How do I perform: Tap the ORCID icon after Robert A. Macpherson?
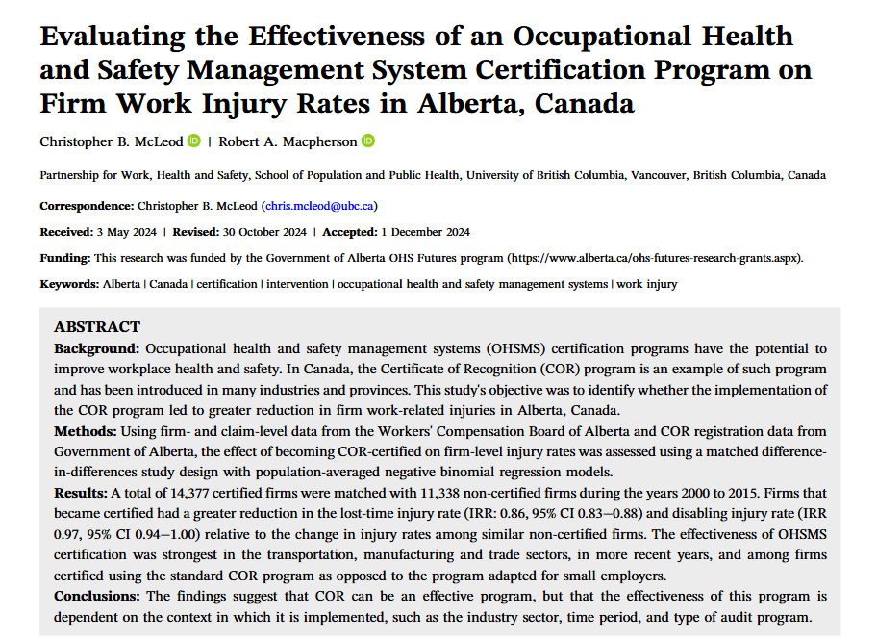point(368,141)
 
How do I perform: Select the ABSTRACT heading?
point(97,327)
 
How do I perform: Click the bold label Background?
point(97,347)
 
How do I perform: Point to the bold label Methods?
point(88,430)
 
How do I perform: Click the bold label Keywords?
point(69,284)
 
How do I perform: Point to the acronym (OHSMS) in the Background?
point(516,347)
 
